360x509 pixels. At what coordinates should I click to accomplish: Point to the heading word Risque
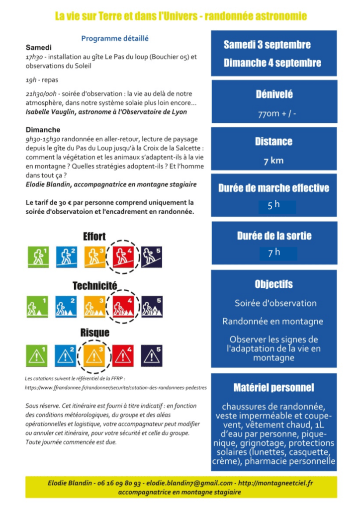click(x=94, y=333)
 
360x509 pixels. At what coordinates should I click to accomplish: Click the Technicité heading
click(x=94, y=285)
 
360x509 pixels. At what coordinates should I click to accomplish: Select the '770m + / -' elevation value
click(x=273, y=113)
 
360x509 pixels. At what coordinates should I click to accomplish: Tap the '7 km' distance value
click(x=273, y=161)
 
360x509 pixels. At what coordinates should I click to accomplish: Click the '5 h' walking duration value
click(x=273, y=204)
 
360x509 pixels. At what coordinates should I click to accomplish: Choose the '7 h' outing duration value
click(x=274, y=253)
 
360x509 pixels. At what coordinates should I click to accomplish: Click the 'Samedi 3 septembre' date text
click(x=267, y=45)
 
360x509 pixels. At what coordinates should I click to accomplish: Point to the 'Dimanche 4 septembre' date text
click(x=272, y=63)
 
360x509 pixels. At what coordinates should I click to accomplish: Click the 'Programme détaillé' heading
click(x=115, y=38)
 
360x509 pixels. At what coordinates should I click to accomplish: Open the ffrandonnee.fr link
click(x=116, y=387)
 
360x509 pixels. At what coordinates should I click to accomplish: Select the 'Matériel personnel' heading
click(x=273, y=387)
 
